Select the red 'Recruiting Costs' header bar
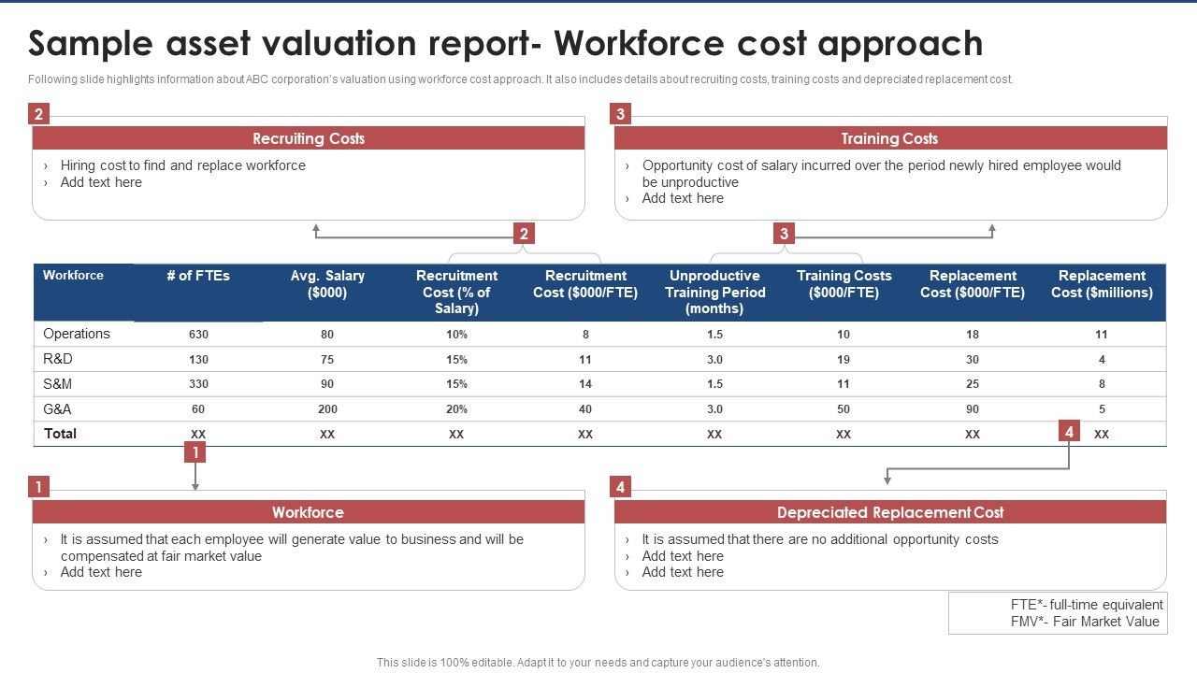point(309,138)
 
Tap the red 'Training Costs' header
point(889,138)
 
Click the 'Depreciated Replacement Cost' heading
point(889,512)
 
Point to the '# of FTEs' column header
point(198,276)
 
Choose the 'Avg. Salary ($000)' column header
point(327,284)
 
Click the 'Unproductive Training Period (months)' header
point(714,292)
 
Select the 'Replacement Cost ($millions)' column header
point(1102,284)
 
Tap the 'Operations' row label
point(77,334)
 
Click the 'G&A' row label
point(57,408)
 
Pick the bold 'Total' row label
point(61,434)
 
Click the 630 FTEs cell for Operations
point(198,335)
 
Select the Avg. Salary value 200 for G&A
point(327,409)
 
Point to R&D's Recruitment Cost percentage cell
point(456,359)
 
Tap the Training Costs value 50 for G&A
point(844,409)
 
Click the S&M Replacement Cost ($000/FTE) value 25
point(973,384)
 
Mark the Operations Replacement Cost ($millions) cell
point(1102,335)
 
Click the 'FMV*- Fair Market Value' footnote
point(1085,622)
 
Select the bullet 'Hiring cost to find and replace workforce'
point(182,165)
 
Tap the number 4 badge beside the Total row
point(1069,431)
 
